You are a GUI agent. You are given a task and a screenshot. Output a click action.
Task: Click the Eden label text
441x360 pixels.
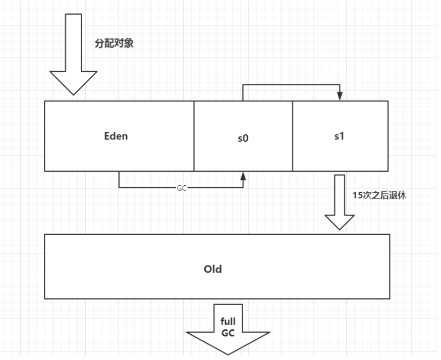pos(116,136)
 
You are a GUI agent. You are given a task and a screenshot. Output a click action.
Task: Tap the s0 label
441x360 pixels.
pos(243,138)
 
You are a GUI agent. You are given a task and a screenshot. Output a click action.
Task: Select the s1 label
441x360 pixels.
pos(339,136)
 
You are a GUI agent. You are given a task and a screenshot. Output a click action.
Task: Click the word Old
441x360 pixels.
pos(213,269)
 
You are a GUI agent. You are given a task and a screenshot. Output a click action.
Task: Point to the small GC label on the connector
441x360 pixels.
pos(182,187)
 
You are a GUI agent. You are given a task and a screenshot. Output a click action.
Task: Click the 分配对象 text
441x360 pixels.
pos(114,43)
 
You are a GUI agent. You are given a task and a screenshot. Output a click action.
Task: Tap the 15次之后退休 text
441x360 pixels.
pos(379,196)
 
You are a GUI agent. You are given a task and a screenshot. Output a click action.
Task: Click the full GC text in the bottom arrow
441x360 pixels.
pos(228,327)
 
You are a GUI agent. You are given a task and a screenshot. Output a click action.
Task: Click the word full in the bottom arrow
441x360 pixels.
pos(228,322)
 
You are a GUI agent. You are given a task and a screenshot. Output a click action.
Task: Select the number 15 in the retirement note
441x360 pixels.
pos(357,196)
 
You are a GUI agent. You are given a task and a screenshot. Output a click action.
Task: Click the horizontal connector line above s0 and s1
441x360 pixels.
pos(291,85)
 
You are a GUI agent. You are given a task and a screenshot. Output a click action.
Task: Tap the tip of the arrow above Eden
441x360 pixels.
pos(74,94)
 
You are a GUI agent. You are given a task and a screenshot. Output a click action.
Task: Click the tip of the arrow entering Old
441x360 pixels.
pos(339,229)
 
